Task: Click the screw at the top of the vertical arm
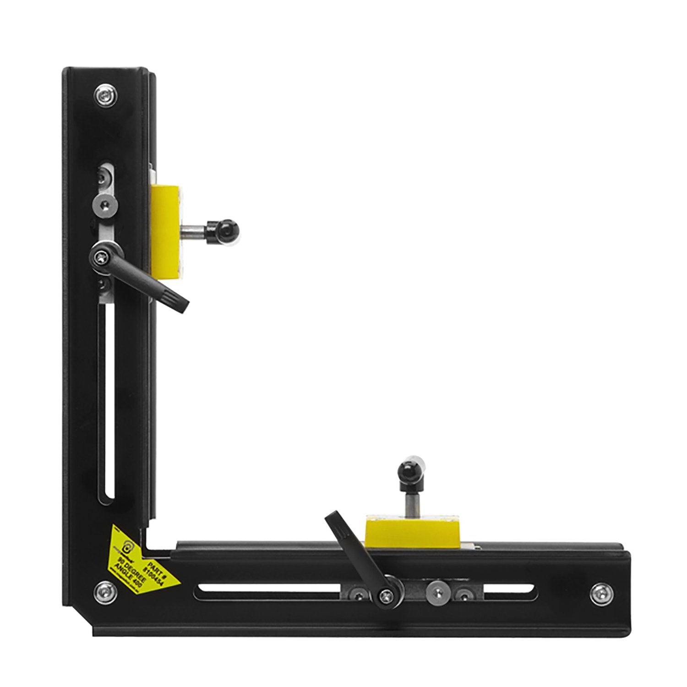(x=105, y=95)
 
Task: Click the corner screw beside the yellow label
(x=105, y=592)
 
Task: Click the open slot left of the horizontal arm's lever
(x=270, y=592)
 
